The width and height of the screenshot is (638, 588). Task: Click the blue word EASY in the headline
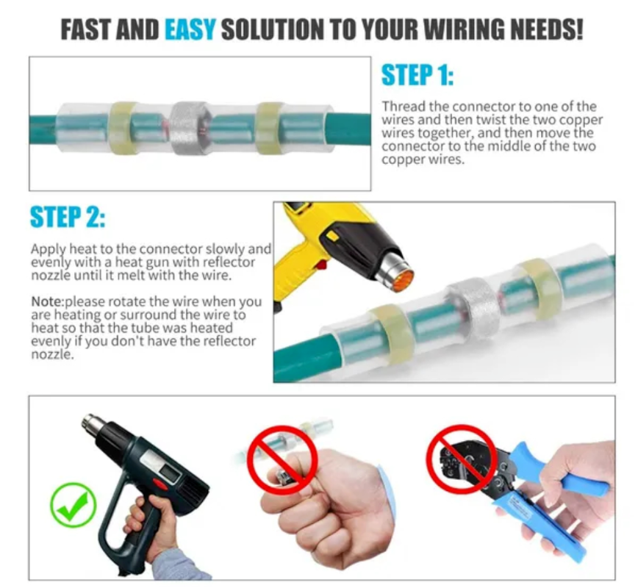point(190,30)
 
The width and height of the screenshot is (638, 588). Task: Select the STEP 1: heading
point(417,76)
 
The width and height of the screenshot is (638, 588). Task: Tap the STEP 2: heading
point(68,218)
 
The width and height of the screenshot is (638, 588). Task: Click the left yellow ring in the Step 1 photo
point(122,127)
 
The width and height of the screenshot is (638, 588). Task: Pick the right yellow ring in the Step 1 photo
point(269,127)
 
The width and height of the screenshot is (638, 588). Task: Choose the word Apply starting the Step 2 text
point(48,249)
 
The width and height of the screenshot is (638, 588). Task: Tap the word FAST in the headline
point(86,30)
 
